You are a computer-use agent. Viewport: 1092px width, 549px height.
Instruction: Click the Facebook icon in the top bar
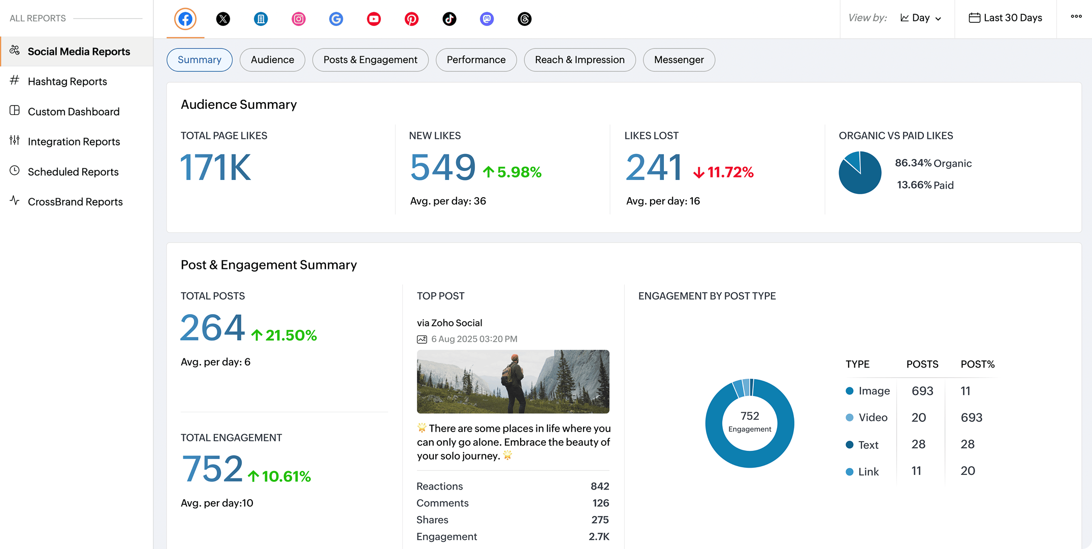click(x=185, y=19)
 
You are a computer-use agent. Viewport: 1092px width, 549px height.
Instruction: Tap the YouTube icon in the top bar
click(x=374, y=19)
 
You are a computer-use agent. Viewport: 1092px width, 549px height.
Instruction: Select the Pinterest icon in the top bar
click(x=411, y=19)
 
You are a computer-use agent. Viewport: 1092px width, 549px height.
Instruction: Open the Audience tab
click(x=272, y=60)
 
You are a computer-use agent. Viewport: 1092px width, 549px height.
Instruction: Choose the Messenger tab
click(x=679, y=60)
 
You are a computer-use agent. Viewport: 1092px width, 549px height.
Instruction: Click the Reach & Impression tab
click(x=580, y=60)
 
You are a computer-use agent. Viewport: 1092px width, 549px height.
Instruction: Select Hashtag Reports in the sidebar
click(x=67, y=81)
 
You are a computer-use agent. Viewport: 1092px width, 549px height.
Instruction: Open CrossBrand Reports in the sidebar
click(x=75, y=202)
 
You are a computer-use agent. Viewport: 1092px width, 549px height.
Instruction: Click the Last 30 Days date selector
click(x=1006, y=18)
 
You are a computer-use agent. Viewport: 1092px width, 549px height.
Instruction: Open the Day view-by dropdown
click(x=920, y=18)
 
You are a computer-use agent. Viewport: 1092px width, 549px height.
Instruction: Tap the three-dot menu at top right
click(x=1076, y=17)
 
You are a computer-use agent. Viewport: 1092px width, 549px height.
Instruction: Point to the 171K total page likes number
click(x=216, y=167)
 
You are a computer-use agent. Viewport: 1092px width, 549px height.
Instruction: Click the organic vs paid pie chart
click(x=860, y=173)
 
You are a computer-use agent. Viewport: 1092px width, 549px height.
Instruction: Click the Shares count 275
click(x=600, y=520)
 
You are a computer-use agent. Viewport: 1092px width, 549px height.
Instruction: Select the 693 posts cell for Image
click(x=922, y=391)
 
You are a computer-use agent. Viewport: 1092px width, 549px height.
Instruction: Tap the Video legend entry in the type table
click(x=873, y=418)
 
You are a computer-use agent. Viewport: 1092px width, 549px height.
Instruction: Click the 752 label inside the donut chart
click(x=750, y=416)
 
